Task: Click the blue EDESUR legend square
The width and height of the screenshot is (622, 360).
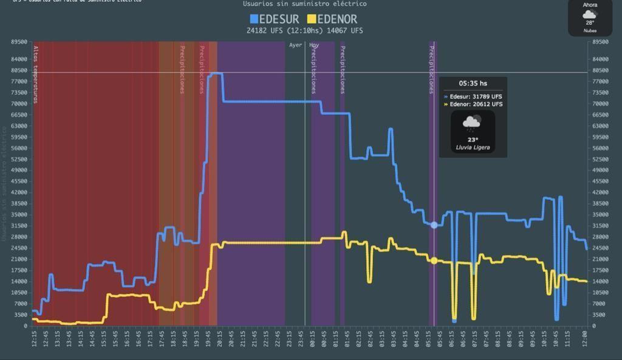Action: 254,19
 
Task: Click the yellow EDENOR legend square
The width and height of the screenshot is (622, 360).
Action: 312,19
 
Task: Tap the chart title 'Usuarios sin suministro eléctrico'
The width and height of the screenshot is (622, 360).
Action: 304,4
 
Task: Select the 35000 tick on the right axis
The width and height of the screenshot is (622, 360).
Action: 600,214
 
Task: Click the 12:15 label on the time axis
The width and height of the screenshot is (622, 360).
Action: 34,339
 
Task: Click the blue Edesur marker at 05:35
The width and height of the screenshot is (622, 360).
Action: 434,225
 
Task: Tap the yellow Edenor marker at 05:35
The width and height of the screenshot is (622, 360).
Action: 434,261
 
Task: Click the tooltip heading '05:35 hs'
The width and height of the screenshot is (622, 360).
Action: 473,84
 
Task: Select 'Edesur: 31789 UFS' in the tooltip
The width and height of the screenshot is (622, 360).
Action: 476,97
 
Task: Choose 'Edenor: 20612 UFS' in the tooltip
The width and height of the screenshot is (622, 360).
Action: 476,104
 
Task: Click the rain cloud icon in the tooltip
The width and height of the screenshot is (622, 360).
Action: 472,124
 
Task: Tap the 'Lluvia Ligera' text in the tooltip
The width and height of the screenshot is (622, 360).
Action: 473,148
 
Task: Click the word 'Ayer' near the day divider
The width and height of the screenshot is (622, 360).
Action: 295,45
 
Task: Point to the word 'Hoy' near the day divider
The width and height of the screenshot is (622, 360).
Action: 314,45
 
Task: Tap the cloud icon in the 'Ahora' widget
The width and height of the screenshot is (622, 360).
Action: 590,14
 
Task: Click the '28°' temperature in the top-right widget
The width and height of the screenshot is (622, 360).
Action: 590,22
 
